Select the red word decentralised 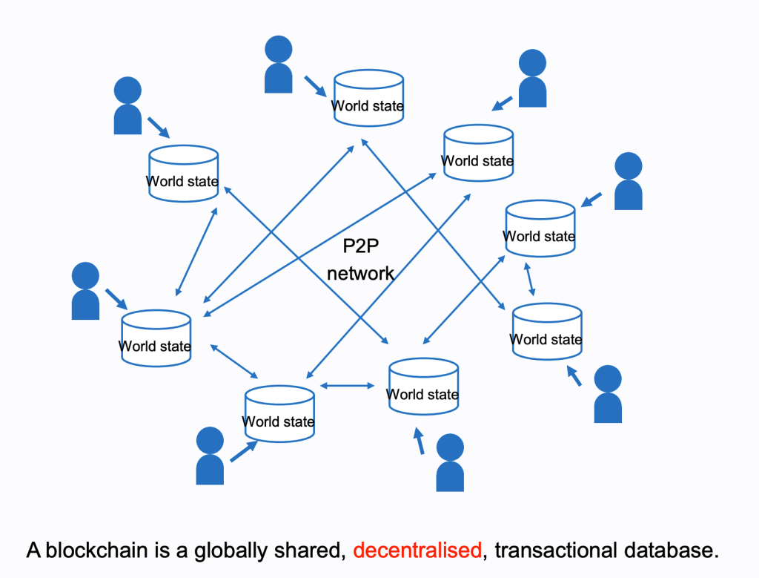click(x=417, y=551)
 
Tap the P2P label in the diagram click(x=361, y=247)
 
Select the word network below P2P click(x=361, y=273)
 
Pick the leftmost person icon click(x=85, y=292)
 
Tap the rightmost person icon click(x=629, y=181)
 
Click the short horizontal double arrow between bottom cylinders click(x=348, y=385)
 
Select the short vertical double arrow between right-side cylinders click(x=529, y=280)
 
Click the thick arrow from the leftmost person click(x=116, y=298)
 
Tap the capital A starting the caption click(x=34, y=551)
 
